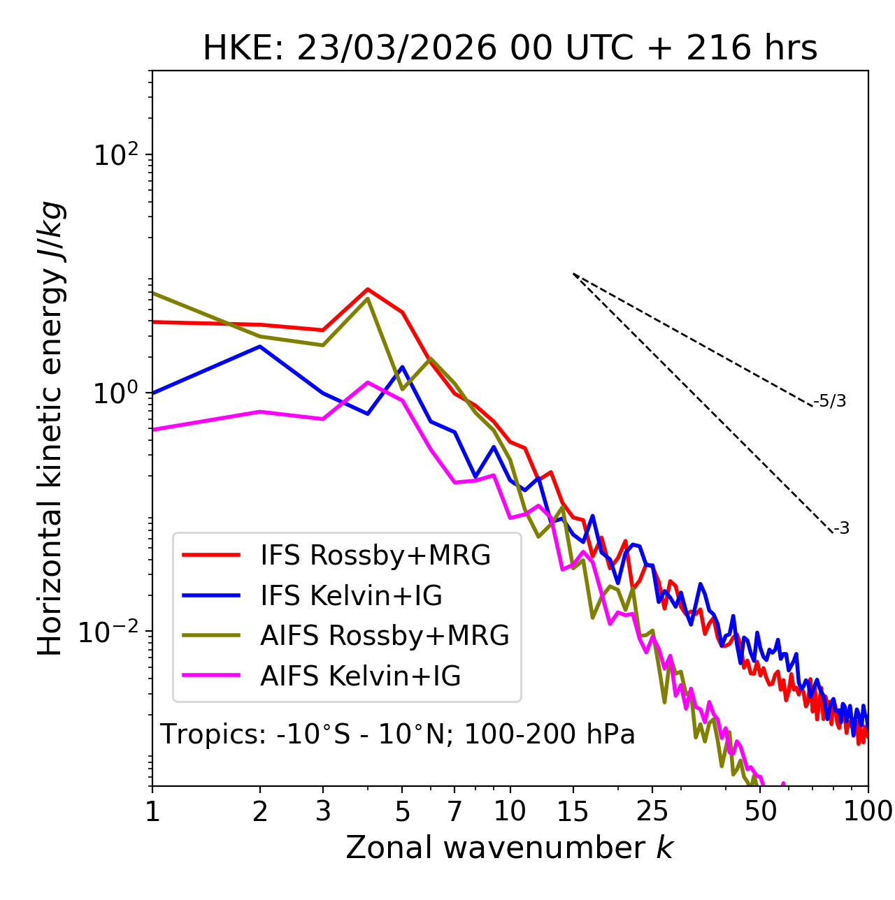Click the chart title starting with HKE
pos(510,49)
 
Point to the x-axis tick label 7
pos(454,811)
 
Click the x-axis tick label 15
pos(573,811)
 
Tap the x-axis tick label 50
pos(760,811)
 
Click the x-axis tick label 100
pos(868,811)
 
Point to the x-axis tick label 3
pos(323,811)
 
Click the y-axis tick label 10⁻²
pos(111,632)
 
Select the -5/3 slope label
pos(830,402)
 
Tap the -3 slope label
pos(841,529)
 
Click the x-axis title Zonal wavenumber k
pos(510,848)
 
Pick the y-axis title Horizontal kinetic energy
pos(51,429)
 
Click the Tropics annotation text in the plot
pos(397,735)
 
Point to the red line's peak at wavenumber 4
pos(368,289)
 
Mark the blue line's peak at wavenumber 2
pos(260,347)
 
